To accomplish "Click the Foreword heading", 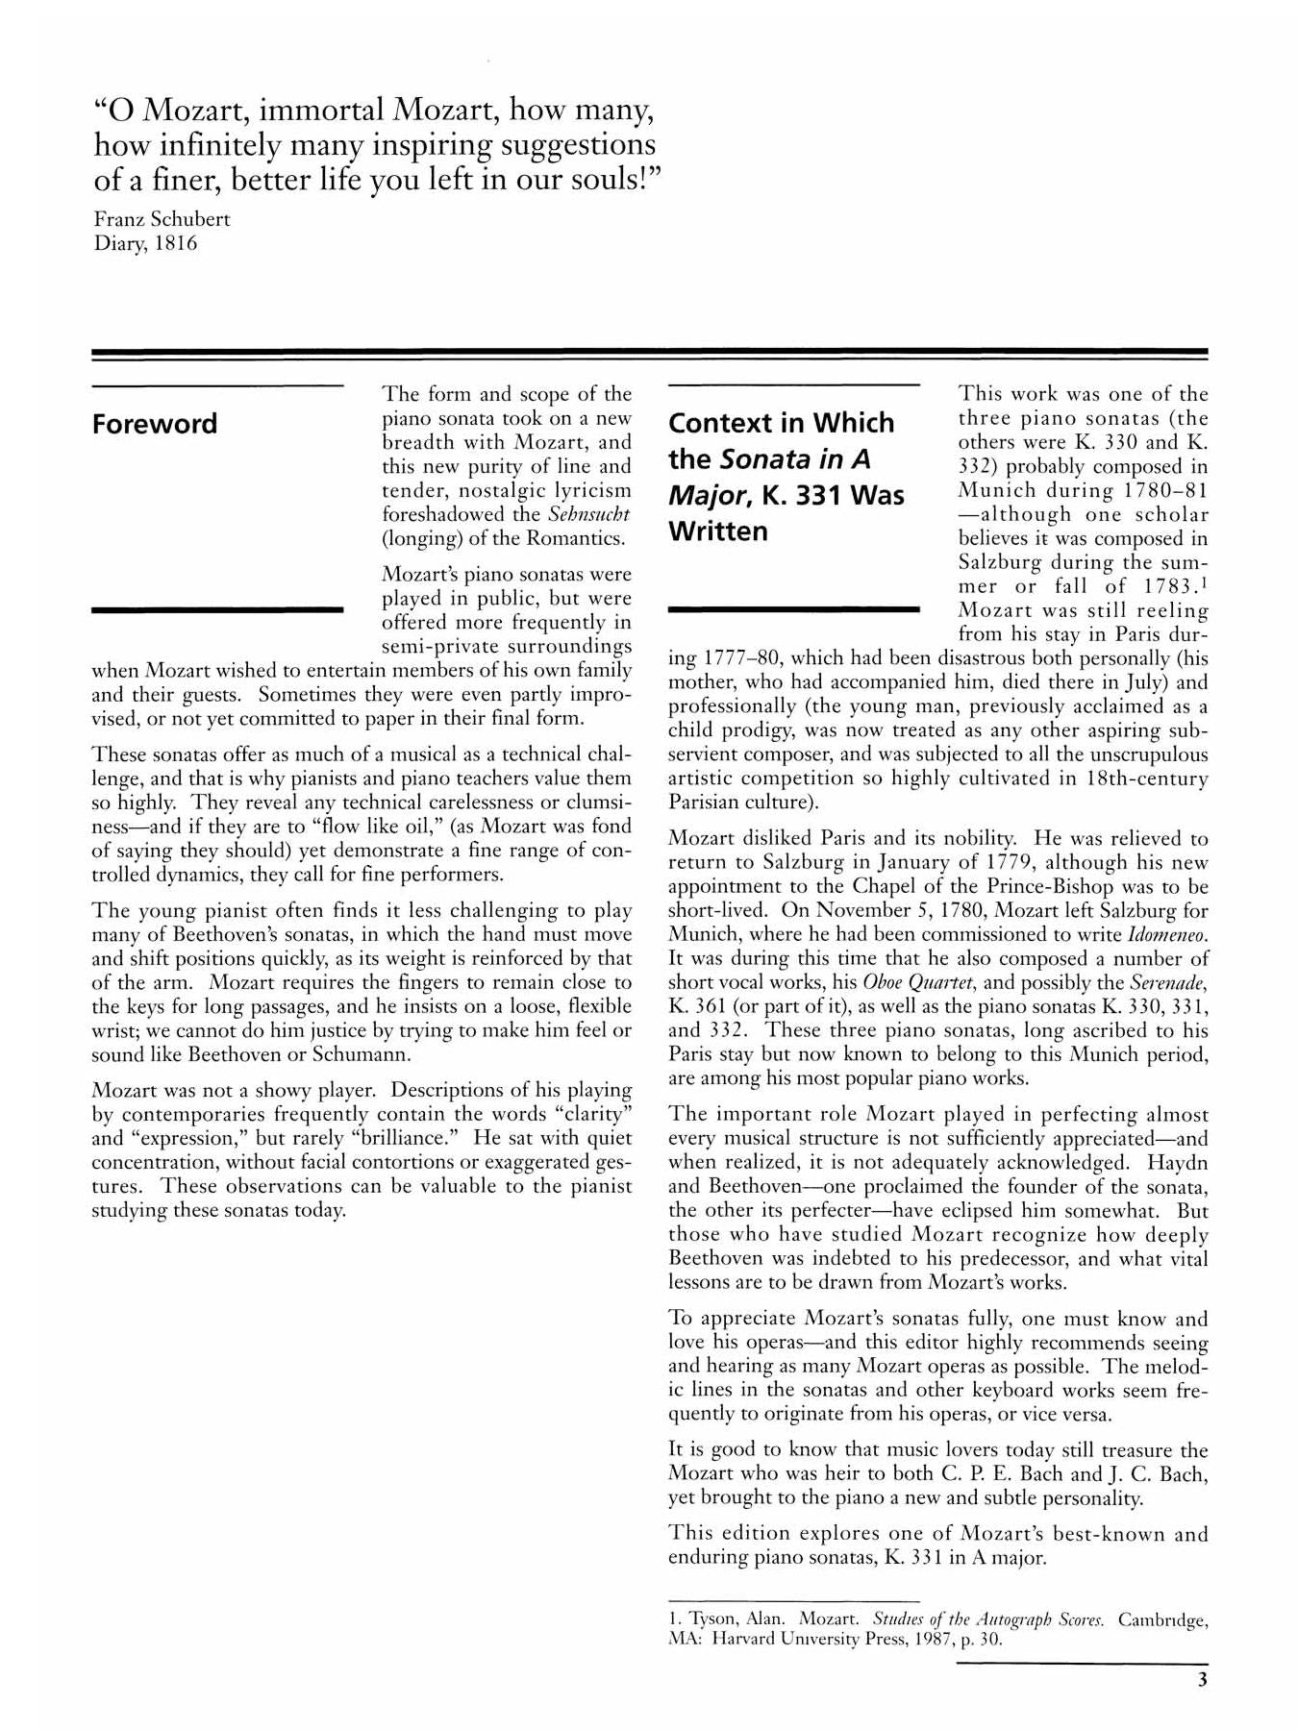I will point(154,424).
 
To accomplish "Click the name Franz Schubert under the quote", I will point(162,218).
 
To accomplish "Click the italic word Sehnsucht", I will point(588,514).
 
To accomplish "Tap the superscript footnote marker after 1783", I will point(1204,581).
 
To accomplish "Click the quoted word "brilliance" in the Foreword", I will point(405,1138).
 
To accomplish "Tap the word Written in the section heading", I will point(717,531).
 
